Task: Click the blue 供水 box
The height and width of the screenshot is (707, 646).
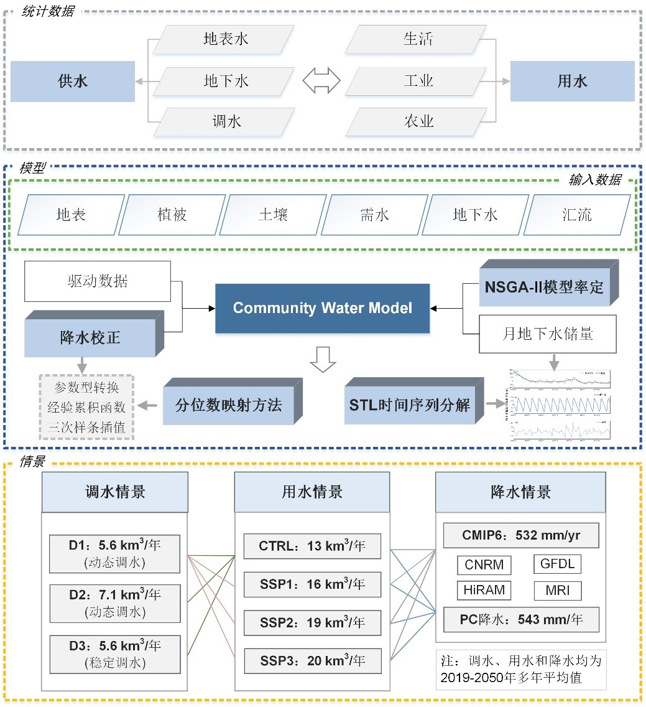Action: click(73, 81)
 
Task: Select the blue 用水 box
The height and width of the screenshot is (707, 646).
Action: click(572, 81)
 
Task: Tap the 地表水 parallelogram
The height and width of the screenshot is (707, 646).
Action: click(224, 39)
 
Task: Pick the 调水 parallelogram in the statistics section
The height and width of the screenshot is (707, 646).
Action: click(224, 121)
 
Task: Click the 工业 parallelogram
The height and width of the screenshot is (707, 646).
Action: click(417, 80)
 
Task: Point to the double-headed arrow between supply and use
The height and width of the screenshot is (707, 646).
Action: click(321, 80)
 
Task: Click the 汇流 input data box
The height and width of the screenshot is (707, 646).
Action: click(576, 215)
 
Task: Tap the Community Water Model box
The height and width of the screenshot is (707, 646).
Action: click(322, 308)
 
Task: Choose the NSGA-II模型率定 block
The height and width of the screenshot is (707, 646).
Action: click(543, 286)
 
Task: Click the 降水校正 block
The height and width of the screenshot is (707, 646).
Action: click(90, 338)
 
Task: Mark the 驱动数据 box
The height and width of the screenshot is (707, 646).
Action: click(98, 281)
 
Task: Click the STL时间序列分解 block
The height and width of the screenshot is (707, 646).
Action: click(409, 405)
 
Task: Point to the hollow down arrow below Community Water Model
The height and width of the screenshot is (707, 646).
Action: click(322, 360)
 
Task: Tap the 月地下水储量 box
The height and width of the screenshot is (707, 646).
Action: click(547, 334)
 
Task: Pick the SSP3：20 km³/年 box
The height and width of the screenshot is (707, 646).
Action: click(311, 660)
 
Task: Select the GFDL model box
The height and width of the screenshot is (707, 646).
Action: click(557, 564)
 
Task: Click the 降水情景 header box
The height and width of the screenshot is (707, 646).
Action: click(520, 492)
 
